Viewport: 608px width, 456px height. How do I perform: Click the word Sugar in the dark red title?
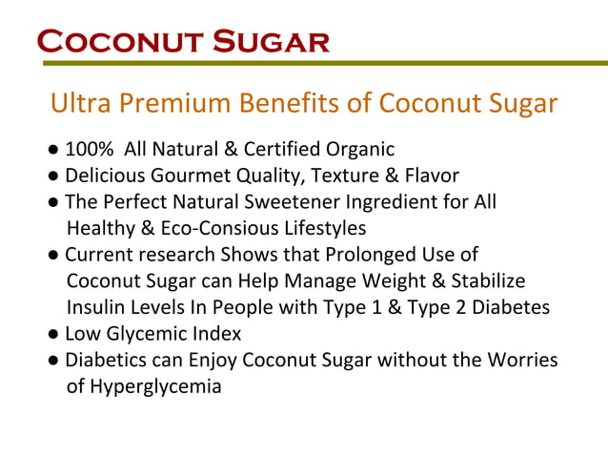pos(271,43)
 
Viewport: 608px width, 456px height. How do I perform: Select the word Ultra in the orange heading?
pos(79,103)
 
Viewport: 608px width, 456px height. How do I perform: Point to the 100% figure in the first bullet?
pos(89,149)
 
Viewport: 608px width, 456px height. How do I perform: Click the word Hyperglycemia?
pos(155,387)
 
